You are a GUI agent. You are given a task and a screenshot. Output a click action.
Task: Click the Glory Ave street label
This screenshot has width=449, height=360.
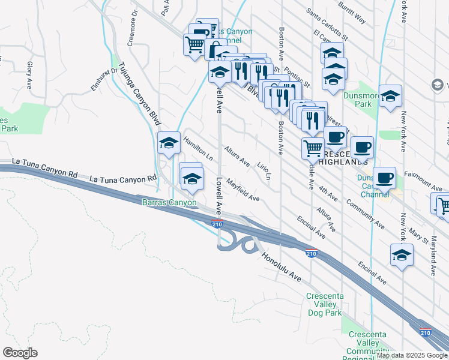pyautogui.click(x=29, y=73)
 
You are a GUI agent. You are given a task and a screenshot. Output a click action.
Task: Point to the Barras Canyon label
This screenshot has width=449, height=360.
pyautogui.click(x=169, y=203)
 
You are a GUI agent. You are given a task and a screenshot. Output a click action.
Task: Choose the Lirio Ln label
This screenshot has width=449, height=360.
pyautogui.click(x=265, y=169)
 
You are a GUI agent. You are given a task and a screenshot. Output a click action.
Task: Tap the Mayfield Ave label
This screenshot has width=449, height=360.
pyautogui.click(x=243, y=189)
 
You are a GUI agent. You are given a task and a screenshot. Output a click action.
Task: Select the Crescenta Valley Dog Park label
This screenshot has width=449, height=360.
pyautogui.click(x=324, y=304)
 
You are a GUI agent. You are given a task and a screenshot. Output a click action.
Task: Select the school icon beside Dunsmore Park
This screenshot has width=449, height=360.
pyautogui.click(x=390, y=96)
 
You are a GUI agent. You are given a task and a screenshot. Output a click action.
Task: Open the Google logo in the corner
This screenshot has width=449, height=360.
pyautogui.click(x=20, y=353)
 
